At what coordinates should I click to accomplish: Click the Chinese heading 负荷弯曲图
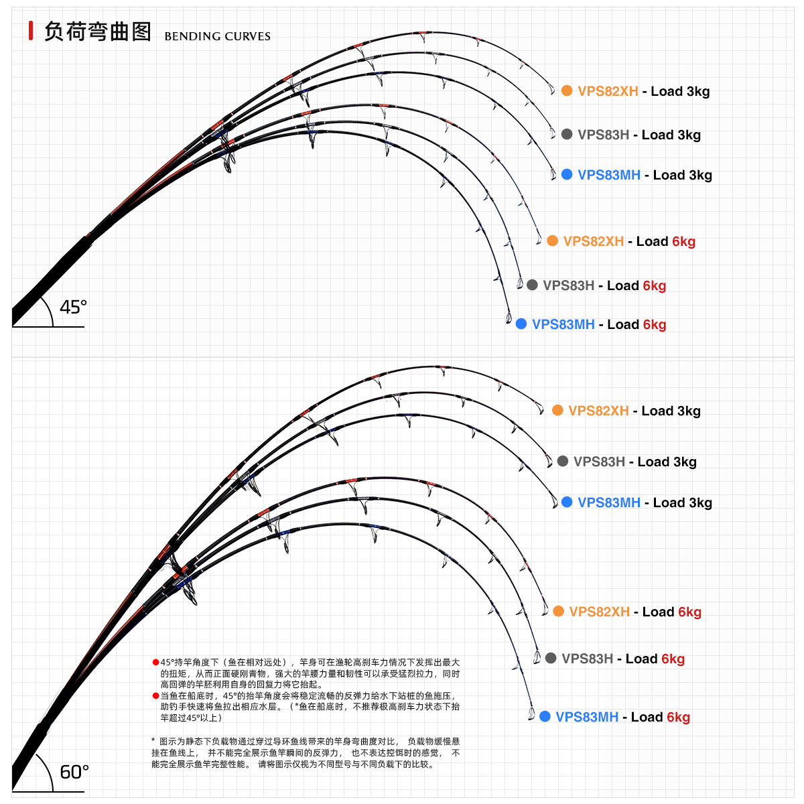[x=98, y=31]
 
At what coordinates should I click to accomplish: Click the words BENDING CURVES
[x=217, y=36]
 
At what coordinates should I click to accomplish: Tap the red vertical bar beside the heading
[x=31, y=31]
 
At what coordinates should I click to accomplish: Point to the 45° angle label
[x=73, y=307]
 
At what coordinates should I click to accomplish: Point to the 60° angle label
[x=74, y=772]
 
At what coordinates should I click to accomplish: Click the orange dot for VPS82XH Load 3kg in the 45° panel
[x=567, y=90]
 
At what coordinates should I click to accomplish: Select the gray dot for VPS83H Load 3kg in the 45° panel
[x=567, y=134]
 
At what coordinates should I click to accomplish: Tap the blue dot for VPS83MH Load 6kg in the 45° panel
[x=521, y=324]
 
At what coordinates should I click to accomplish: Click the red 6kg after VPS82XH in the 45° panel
[x=683, y=241]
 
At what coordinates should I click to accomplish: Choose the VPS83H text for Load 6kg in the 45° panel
[x=568, y=285]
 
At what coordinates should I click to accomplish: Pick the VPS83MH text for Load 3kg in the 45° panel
[x=609, y=175]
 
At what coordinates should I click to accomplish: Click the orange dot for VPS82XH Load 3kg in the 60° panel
[x=557, y=410]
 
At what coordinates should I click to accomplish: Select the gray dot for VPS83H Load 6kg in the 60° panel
[x=551, y=658]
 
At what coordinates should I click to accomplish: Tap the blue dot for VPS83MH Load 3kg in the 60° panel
[x=567, y=502]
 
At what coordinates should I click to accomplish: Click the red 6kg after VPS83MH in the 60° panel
[x=678, y=717]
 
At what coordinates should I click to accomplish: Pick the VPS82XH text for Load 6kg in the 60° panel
[x=599, y=612]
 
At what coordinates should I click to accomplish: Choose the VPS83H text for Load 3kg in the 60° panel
[x=599, y=462]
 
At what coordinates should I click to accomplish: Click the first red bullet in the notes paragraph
[x=155, y=662]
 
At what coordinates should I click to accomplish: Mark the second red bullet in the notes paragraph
[x=155, y=695]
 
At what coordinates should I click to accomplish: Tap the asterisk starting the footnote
[x=153, y=740]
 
